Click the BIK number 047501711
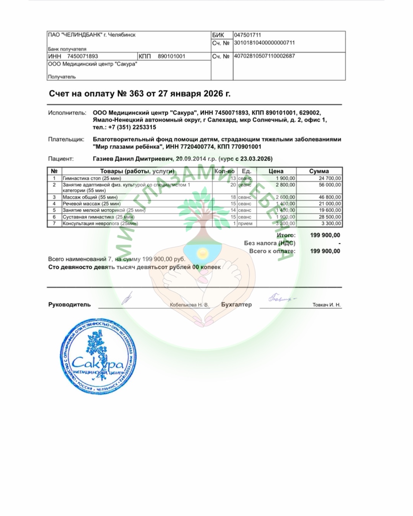pyautogui.click(x=247, y=35)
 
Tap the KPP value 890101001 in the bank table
pyautogui.click(x=171, y=56)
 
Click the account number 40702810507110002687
pyautogui.click(x=264, y=56)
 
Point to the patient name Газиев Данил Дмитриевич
pyautogui.click(x=133, y=159)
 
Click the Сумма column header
pyautogui.click(x=319, y=171)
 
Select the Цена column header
pyautogui.click(x=276, y=171)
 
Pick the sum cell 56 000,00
pyautogui.click(x=330, y=185)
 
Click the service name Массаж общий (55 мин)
pyautogui.click(x=90, y=197)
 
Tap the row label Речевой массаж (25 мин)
pyautogui.click(x=91, y=204)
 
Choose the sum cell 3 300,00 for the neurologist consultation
pyautogui.click(x=331, y=224)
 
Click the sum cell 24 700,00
pyautogui.click(x=330, y=178)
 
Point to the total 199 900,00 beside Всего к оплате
pyautogui.click(x=325, y=251)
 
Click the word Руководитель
pyautogui.click(x=70, y=305)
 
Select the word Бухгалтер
pyautogui.click(x=236, y=305)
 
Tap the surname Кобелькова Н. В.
pyautogui.click(x=189, y=305)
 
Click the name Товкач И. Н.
pyautogui.click(x=326, y=305)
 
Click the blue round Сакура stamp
pyautogui.click(x=98, y=357)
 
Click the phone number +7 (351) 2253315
pyautogui.click(x=132, y=127)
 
